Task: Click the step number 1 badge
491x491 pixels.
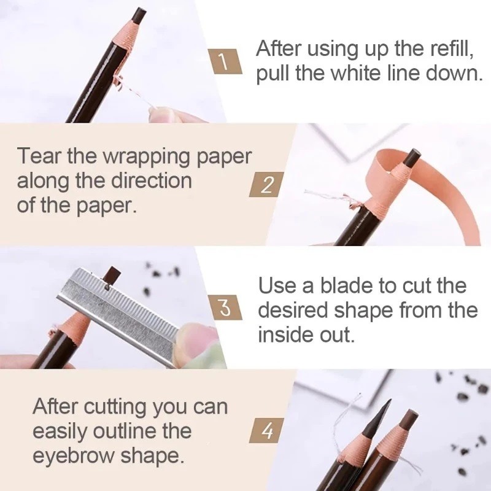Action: point(225,61)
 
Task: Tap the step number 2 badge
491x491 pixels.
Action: point(267,185)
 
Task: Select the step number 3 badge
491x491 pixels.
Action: point(225,307)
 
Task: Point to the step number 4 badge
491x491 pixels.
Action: point(267,430)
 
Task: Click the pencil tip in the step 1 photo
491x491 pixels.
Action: point(139,17)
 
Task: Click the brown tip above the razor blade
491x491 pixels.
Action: point(112,274)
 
